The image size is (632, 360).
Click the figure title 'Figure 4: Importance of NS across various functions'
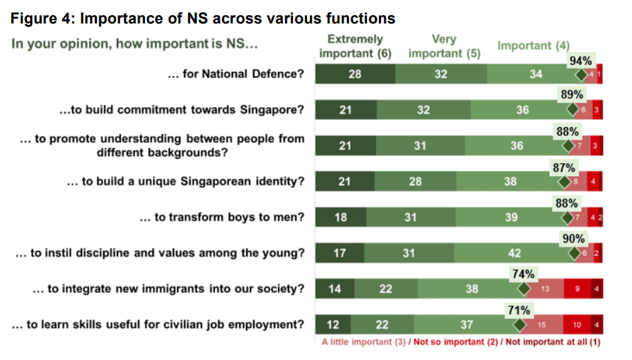tap(203, 19)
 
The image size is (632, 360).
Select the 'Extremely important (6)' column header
tap(355, 46)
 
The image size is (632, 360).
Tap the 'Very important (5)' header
tap(444, 46)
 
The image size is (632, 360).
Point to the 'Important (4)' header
tap(533, 46)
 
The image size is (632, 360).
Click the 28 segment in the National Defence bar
tap(355, 75)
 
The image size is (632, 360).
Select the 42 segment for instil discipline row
tap(514, 253)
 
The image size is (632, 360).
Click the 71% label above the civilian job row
tap(519, 310)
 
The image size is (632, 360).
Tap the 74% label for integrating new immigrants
tap(523, 274)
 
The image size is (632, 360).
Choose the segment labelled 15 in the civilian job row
tap(542, 325)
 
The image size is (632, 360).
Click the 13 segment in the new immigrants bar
tap(544, 289)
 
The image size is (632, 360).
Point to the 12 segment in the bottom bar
tap(333, 325)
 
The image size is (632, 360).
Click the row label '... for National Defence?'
tap(236, 74)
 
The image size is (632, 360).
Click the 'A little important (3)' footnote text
tap(365, 341)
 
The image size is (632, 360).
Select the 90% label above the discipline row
tap(573, 239)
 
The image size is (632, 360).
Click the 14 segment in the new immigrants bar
tap(335, 289)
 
